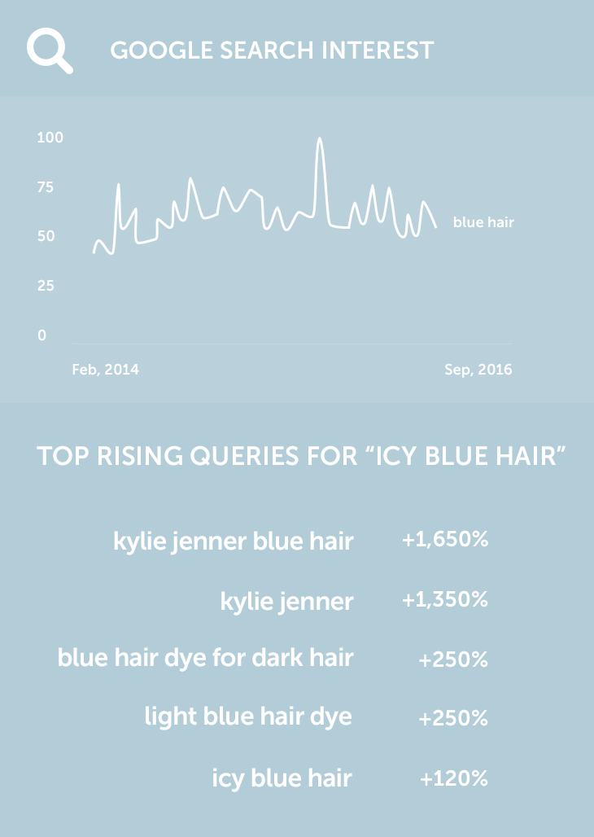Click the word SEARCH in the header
tap(267, 50)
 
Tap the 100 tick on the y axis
tap(50, 138)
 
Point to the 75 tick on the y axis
tap(46, 187)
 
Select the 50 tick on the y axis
tap(46, 236)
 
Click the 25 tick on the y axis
tap(46, 286)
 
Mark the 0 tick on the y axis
tap(41, 335)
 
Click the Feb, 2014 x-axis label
tap(105, 370)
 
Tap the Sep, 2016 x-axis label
tap(478, 370)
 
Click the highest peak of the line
tap(320, 138)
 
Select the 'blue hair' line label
tap(483, 222)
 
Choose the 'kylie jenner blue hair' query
tap(234, 541)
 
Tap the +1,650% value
tap(445, 540)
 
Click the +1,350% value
tap(445, 599)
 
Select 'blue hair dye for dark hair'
tap(206, 658)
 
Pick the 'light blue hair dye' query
tap(248, 716)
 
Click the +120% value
tap(454, 778)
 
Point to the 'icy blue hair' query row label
tap(282, 778)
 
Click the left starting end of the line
tap(94, 252)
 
